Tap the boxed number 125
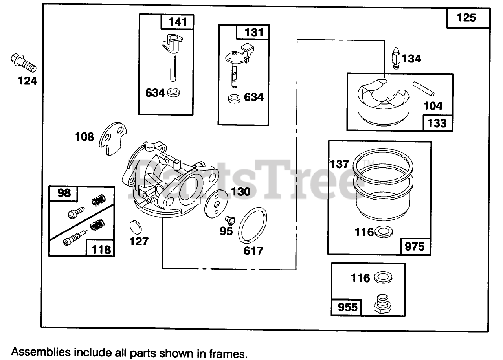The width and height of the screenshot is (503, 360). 467,18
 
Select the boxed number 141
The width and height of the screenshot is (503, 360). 178,22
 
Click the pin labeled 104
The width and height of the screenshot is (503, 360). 424,88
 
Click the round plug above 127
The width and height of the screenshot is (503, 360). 135,227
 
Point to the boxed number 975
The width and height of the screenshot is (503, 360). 415,246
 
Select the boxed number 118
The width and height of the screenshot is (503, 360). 100,249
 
